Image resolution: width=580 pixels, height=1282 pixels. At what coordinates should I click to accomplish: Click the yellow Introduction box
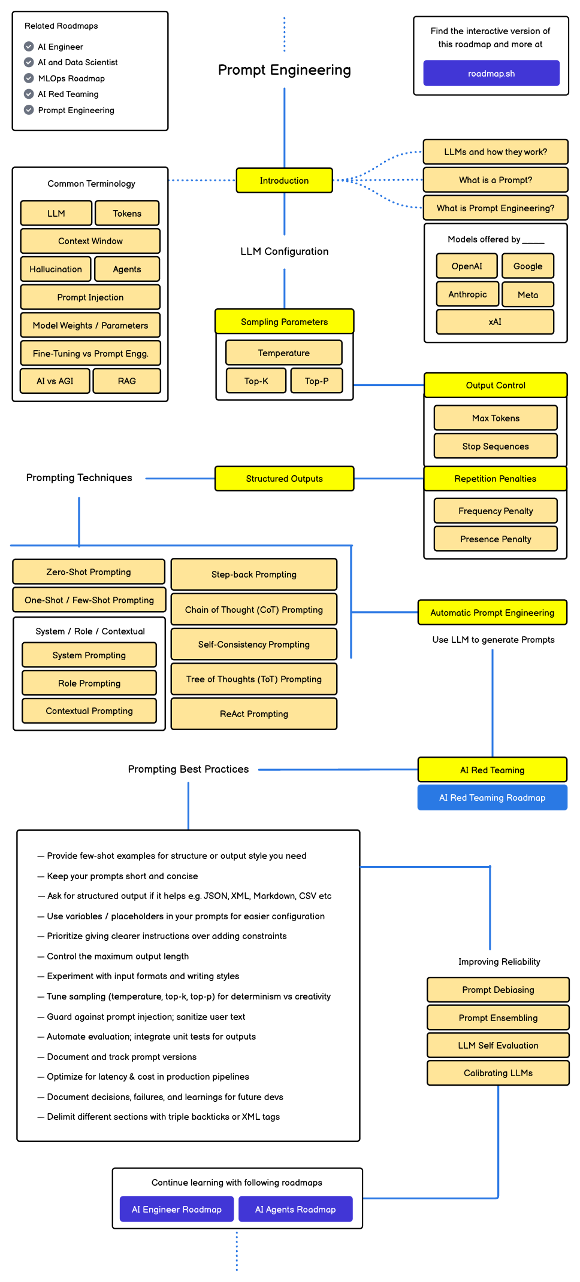284,180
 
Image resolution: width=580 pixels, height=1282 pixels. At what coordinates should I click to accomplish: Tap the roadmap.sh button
491,73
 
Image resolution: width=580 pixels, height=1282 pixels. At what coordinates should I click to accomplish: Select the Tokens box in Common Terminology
127,213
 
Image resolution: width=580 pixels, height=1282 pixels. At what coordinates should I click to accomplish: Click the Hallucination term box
56,269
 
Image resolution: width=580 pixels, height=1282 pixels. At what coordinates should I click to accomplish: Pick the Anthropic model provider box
467,294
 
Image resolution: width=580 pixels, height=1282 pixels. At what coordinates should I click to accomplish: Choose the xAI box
495,322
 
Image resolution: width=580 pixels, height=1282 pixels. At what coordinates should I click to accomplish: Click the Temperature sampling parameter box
284,353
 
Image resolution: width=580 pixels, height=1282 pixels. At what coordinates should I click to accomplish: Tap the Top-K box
256,381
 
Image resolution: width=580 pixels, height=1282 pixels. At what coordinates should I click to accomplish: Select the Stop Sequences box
496,446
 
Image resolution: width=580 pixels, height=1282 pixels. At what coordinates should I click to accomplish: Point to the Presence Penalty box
496,539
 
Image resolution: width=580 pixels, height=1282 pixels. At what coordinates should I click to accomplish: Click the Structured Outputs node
284,479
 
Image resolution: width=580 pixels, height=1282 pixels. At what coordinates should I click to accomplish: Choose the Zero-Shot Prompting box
89,572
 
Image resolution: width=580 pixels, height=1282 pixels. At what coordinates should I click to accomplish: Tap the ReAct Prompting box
254,714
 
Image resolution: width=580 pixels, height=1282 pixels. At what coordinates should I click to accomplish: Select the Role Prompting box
89,683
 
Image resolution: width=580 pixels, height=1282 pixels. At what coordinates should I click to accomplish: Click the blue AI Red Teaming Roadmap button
493,798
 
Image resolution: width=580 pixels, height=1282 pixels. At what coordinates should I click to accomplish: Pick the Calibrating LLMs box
498,1073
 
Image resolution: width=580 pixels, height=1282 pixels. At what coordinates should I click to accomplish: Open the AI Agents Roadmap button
295,1209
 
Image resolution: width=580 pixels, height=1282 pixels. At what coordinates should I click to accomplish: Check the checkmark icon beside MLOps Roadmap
29,78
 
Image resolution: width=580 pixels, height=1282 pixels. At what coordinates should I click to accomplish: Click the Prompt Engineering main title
285,70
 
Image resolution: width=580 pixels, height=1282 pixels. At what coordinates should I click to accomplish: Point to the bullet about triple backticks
159,1117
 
